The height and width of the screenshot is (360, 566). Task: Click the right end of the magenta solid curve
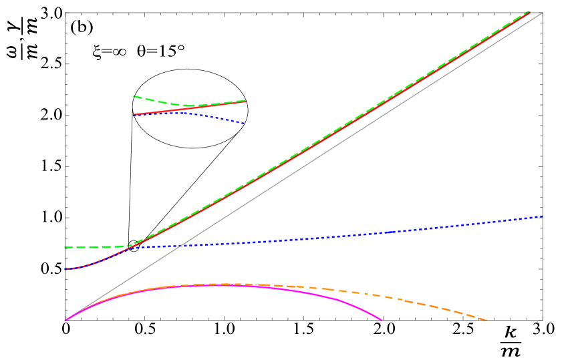pyautogui.click(x=382, y=320)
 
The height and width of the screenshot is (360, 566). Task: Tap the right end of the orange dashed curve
pyautogui.click(x=486, y=320)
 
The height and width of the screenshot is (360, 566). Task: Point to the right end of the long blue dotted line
pyautogui.click(x=542, y=216)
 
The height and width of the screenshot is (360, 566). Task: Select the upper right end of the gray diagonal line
pyautogui.click(x=542, y=13)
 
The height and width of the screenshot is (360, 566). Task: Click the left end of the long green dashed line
pyautogui.click(x=65, y=247)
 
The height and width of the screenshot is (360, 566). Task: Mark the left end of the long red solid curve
pyautogui.click(x=65, y=269)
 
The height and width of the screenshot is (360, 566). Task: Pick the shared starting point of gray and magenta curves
pyautogui.click(x=65, y=321)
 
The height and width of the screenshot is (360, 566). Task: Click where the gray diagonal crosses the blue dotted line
pyautogui.click(x=178, y=246)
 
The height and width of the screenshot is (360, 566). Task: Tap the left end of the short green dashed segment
pyautogui.click(x=134, y=96)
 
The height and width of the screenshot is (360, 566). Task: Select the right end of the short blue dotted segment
pyautogui.click(x=245, y=124)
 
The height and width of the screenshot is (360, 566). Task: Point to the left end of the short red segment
pyautogui.click(x=134, y=115)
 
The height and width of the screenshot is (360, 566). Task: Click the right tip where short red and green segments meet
pyautogui.click(x=246, y=101)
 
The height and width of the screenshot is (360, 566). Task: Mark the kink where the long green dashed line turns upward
pyautogui.click(x=131, y=246)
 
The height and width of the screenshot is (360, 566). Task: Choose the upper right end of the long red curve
pyautogui.click(x=530, y=12)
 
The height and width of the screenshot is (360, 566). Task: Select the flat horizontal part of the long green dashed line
pyautogui.click(x=94, y=247)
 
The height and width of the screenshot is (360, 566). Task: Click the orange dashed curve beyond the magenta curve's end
pyautogui.click(x=434, y=305)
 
